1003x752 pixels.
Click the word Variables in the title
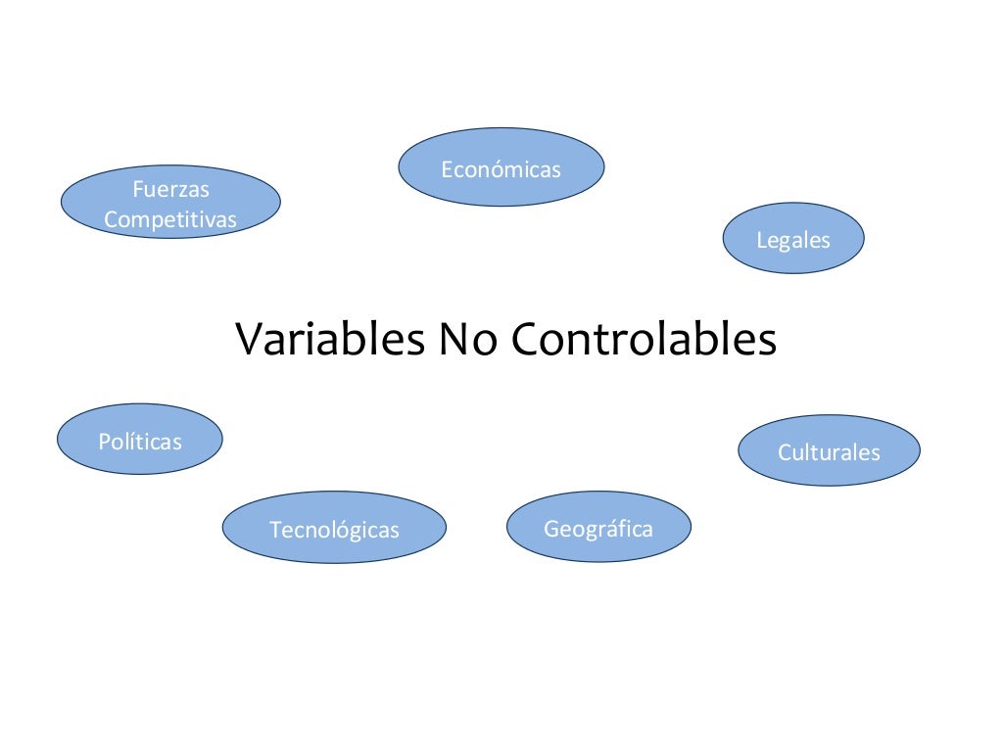pos(330,339)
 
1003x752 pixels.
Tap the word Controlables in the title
pos(644,339)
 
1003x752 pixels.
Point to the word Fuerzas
pos(170,190)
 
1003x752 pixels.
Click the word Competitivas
pos(170,220)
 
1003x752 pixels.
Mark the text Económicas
pos(501,170)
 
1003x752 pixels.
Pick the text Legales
pos(793,240)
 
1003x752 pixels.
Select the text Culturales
pos(829,452)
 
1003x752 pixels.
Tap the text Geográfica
pos(598,530)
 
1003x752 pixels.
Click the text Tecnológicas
pos(334,531)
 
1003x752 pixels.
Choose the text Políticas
pos(140,442)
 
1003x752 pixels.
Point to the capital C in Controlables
pos(526,339)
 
